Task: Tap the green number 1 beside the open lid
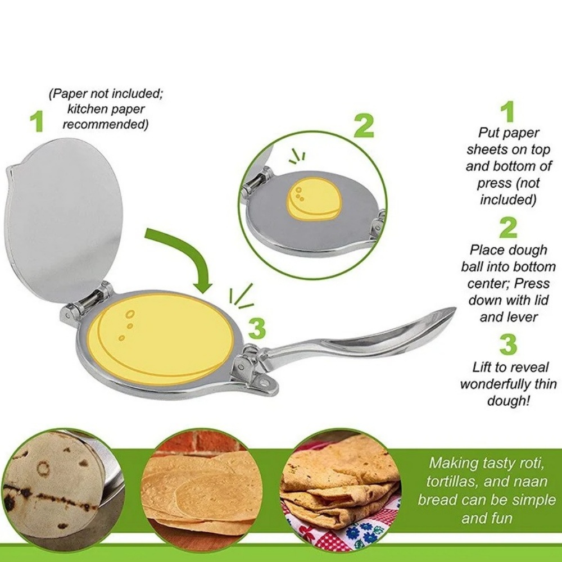tap(37, 121)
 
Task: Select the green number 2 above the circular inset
tap(364, 126)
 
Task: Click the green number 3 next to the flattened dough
tap(257, 329)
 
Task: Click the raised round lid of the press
tap(64, 219)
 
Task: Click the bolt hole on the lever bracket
tap(265, 383)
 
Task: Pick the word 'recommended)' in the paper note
tap(106, 124)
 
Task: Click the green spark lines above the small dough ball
tap(297, 156)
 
